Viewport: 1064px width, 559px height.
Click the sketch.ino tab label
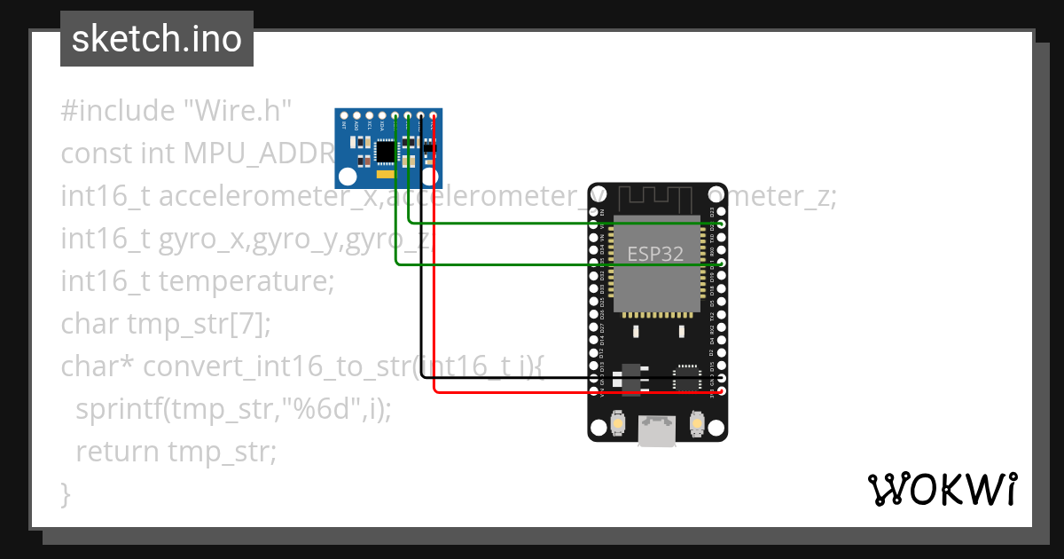(x=156, y=39)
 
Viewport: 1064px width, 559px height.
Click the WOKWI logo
(x=942, y=490)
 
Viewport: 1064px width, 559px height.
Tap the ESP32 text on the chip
(x=655, y=254)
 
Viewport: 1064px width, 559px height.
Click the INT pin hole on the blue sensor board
(x=345, y=115)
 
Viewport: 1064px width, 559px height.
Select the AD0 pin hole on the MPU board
(x=357, y=115)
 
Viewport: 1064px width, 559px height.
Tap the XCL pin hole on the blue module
(x=370, y=115)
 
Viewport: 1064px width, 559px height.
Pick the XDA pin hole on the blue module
(x=382, y=115)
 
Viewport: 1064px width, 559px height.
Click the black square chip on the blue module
(x=386, y=153)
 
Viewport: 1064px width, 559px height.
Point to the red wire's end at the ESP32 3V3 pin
(x=722, y=390)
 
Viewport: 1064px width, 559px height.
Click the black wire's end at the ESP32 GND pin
(x=722, y=378)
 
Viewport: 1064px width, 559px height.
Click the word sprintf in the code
(x=121, y=409)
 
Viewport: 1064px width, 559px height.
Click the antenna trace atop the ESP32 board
(x=657, y=197)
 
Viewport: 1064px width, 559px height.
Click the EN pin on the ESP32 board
(x=594, y=213)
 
